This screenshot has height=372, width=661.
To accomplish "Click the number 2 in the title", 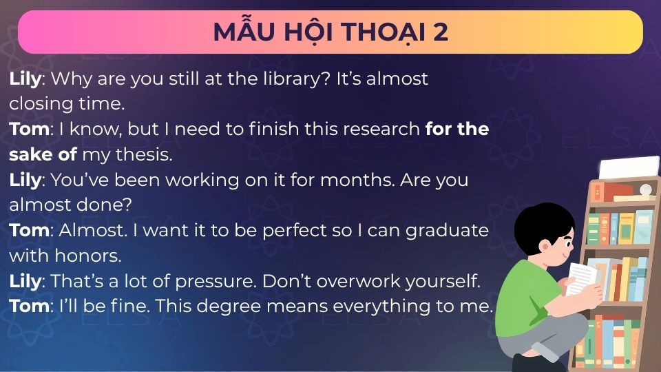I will coord(441,32).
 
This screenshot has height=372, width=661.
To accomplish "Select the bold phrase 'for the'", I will coord(457,129).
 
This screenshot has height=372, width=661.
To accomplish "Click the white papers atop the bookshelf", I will coord(619,167).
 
